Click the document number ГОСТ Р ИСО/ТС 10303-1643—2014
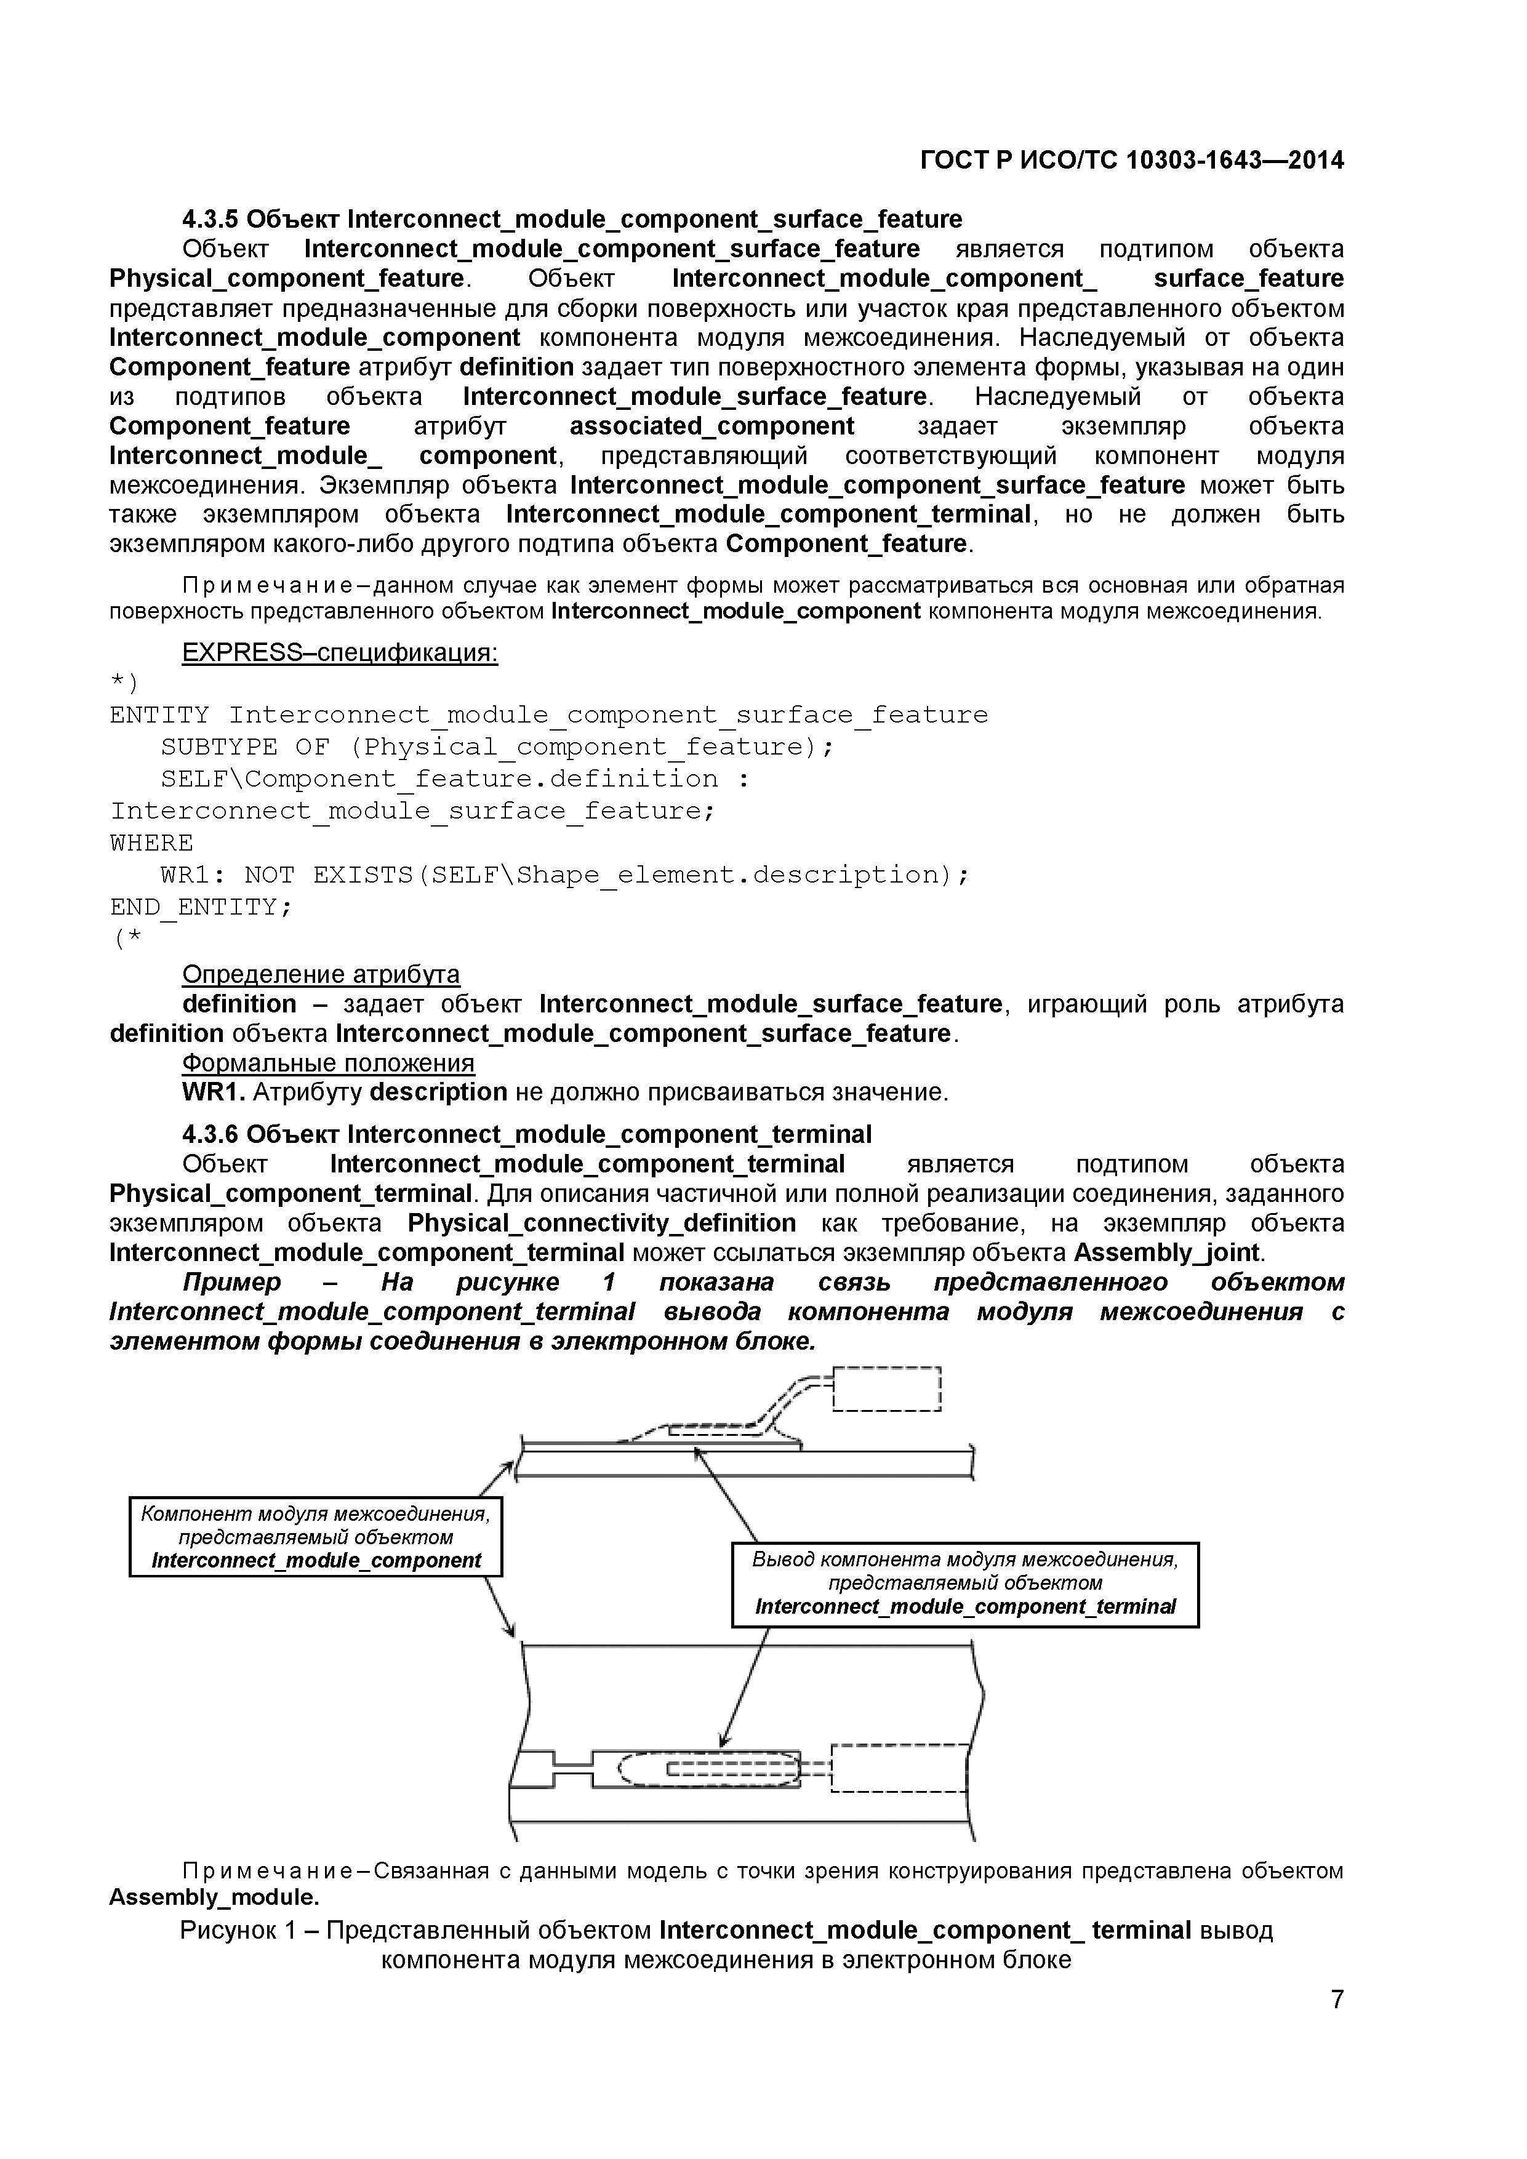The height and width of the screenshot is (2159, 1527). pyautogui.click(x=1131, y=161)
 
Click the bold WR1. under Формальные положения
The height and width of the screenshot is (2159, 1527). pyautogui.click(x=214, y=1092)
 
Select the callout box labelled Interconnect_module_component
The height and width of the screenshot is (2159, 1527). pyautogui.click(x=316, y=1537)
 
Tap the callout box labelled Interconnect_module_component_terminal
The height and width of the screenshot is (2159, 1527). pyautogui.click(x=964, y=1584)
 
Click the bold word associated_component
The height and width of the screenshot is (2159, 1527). pyautogui.click(x=711, y=426)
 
